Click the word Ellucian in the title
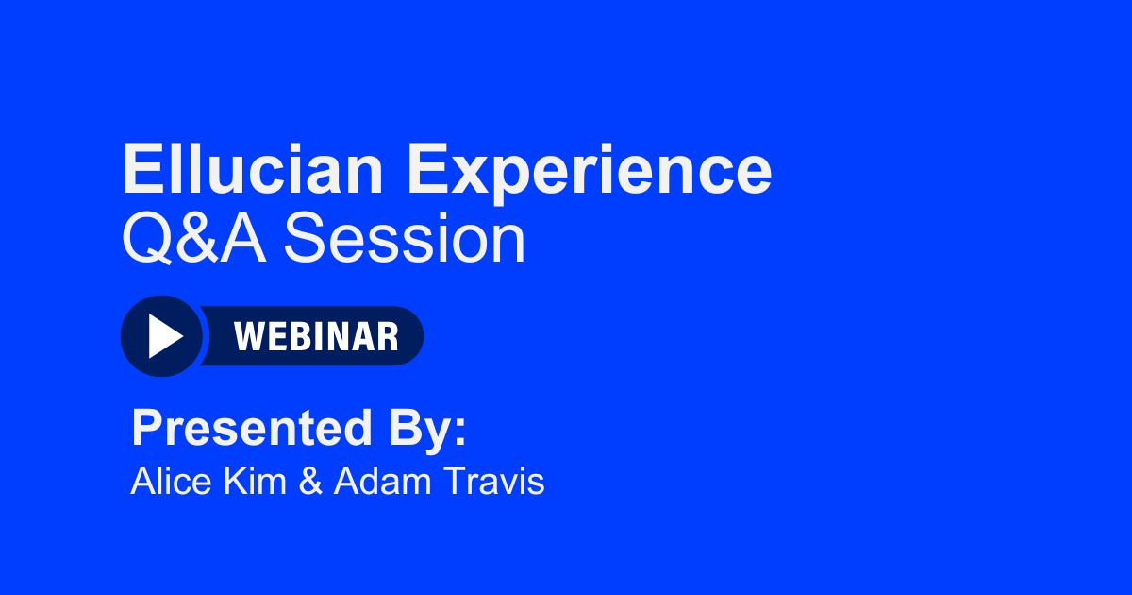click(253, 170)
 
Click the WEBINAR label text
click(316, 336)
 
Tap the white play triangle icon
click(164, 336)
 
